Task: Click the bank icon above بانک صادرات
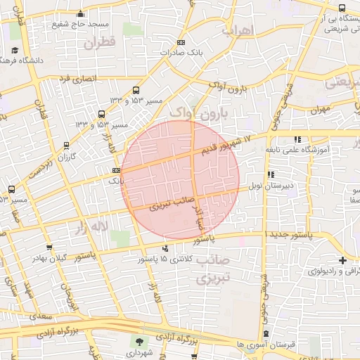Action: click(x=182, y=42)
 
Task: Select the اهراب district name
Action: click(x=236, y=32)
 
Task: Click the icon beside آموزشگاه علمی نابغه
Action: click(x=297, y=139)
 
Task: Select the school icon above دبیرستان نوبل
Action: click(x=270, y=174)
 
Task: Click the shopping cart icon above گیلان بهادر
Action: click(x=49, y=247)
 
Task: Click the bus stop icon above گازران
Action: click(x=67, y=146)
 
